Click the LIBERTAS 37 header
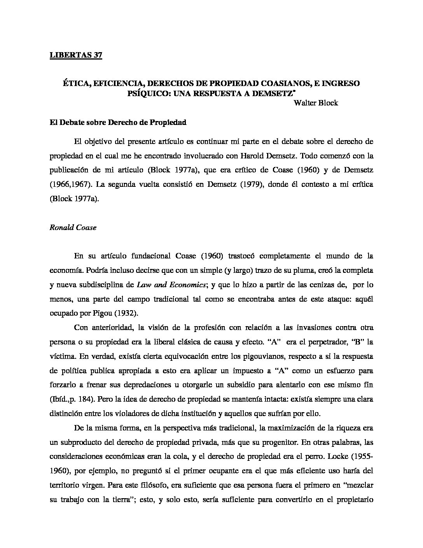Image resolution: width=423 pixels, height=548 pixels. pyautogui.click(x=76, y=55)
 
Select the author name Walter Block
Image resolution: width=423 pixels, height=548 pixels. pyautogui.click(x=316, y=103)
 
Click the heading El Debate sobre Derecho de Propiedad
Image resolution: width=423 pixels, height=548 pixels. pyautogui.click(x=118, y=122)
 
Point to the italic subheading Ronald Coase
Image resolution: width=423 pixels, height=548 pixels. pyautogui.click(x=73, y=228)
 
